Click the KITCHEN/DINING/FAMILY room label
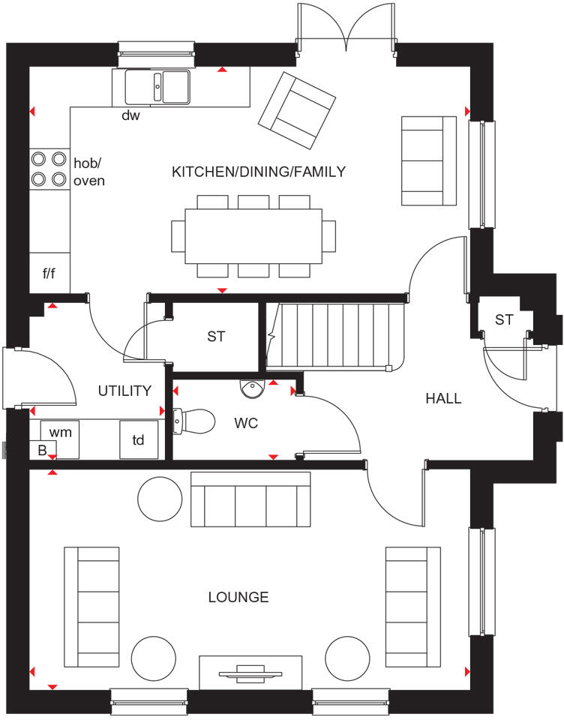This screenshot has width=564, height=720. tap(259, 172)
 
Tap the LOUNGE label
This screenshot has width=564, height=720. tap(238, 597)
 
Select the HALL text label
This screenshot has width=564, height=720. tap(443, 398)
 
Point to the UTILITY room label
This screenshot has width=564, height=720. tap(124, 391)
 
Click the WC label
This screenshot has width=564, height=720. tap(245, 424)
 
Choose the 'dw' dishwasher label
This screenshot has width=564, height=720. tap(131, 115)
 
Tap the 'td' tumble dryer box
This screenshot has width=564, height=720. tap(139, 440)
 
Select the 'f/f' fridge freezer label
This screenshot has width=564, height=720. tap(49, 274)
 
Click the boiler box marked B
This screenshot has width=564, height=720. tap(43, 450)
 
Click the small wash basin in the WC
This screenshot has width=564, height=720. tap(252, 388)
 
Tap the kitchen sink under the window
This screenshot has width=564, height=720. tap(157, 85)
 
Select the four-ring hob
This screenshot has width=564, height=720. tap(49, 169)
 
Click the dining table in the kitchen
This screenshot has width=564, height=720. tap(253, 235)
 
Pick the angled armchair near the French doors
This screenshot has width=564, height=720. tap(296, 111)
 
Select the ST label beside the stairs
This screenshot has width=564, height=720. tap(216, 337)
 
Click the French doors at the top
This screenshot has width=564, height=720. tap(346, 28)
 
